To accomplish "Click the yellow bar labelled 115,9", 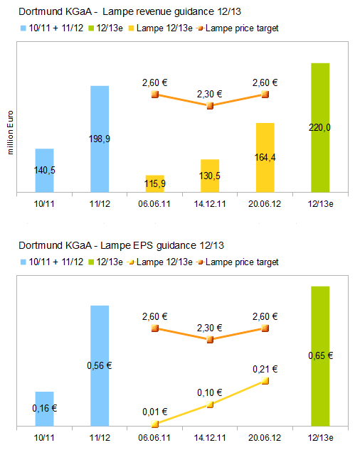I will click(x=155, y=183).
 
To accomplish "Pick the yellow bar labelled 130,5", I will click(x=210, y=176).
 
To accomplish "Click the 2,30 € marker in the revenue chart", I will click(x=210, y=106).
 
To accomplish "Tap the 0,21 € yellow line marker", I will click(x=265, y=380).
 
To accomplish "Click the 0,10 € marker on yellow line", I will click(x=210, y=405).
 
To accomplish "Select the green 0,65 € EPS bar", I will click(x=320, y=356).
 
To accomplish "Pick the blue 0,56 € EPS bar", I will click(x=100, y=366).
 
